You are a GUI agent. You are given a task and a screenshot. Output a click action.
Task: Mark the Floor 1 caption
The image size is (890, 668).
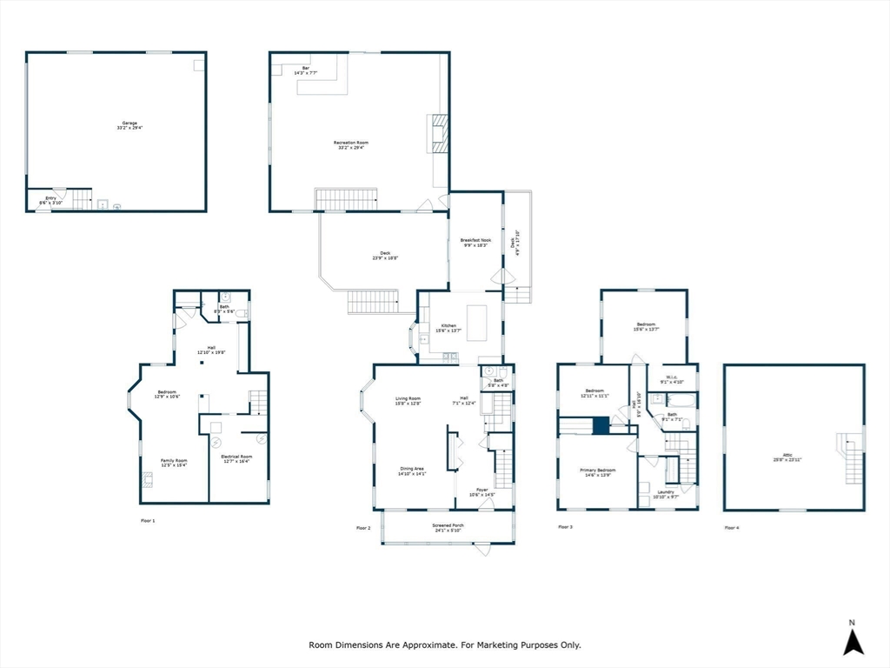tap(148, 520)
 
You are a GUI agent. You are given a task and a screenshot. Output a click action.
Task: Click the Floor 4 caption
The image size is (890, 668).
tap(732, 527)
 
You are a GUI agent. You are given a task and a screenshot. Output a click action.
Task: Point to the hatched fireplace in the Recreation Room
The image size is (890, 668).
tap(439, 134)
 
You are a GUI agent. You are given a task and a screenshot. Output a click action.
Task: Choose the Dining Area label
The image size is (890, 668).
tap(412, 472)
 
